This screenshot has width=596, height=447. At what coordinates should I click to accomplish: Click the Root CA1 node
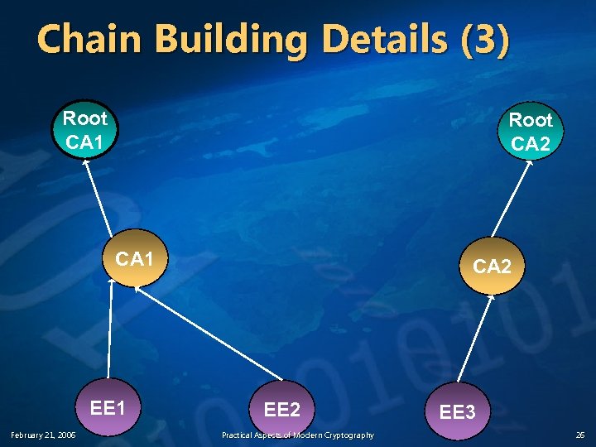tap(85, 130)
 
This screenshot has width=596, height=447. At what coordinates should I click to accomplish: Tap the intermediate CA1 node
tap(135, 258)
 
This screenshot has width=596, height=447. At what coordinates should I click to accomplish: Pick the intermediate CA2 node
tap(492, 266)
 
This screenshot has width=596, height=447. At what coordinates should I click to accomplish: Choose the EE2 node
tap(282, 408)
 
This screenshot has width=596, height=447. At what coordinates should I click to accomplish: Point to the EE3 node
tap(457, 411)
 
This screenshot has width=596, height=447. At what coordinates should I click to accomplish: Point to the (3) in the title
tap(482, 40)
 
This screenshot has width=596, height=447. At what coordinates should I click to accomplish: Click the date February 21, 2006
tap(43, 435)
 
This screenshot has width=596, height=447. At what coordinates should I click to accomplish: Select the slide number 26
tap(580, 435)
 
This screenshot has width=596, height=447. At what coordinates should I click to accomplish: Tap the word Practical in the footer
tap(240, 435)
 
